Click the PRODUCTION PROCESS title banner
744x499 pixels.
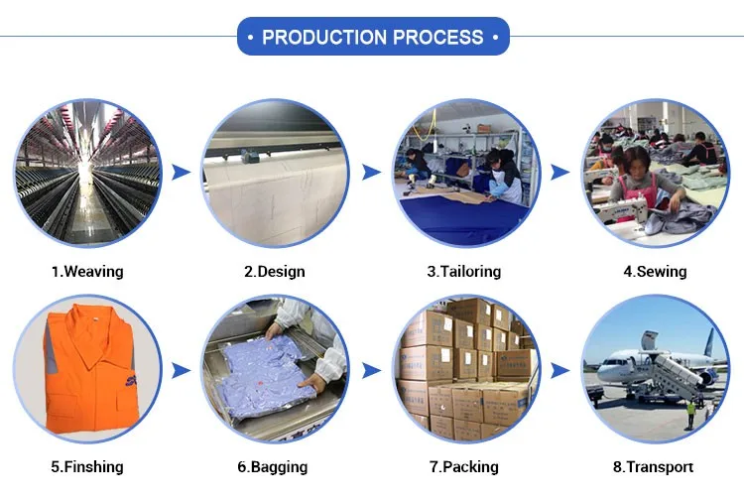point(372,37)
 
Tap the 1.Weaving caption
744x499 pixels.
point(86,271)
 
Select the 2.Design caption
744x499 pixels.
point(274,271)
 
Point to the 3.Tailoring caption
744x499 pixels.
point(463,271)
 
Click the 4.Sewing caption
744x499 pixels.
point(655,271)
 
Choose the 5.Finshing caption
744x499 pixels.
point(86,466)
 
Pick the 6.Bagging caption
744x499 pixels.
point(275,466)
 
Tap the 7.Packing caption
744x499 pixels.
point(463,466)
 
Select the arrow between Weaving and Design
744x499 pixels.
point(181,172)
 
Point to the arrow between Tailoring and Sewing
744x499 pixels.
point(560,172)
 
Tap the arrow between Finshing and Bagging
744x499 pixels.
point(181,370)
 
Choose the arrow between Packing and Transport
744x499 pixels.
point(560,370)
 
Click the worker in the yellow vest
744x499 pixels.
point(690,413)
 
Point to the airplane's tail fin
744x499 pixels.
point(709,342)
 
